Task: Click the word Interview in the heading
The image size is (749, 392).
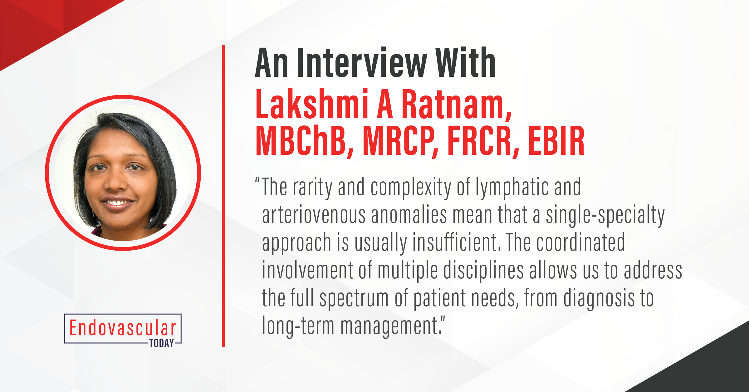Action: coord(362,62)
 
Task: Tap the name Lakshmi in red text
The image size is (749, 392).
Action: coord(312,104)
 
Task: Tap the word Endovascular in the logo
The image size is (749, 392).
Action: coord(123,328)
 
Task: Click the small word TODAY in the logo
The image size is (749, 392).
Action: coord(162,343)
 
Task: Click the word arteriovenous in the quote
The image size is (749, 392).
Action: coord(314,215)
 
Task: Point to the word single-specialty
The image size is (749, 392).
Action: coord(605,215)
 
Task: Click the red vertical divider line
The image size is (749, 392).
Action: coord(223,196)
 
